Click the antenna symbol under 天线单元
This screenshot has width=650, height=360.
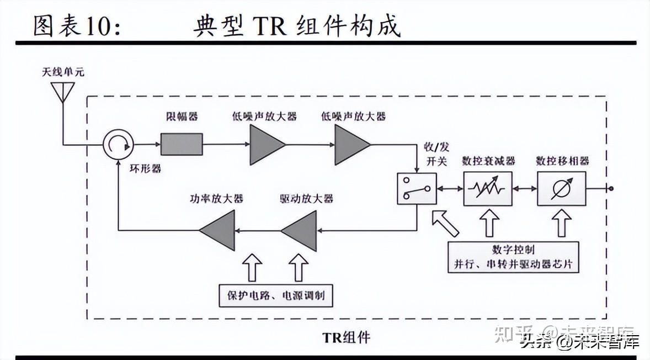point(62,92)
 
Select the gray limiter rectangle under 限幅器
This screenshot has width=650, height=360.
point(182,144)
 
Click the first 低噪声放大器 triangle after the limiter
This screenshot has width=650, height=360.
point(265,144)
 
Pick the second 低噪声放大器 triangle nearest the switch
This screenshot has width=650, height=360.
point(350,144)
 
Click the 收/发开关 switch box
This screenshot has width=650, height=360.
point(417,189)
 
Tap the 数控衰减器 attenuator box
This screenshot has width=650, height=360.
point(488,189)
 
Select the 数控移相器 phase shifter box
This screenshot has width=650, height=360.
point(562,189)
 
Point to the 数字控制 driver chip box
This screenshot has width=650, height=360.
point(513,257)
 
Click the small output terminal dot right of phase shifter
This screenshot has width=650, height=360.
point(611,189)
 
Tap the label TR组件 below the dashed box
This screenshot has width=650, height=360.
point(346,336)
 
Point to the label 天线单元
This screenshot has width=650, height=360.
point(63,72)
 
